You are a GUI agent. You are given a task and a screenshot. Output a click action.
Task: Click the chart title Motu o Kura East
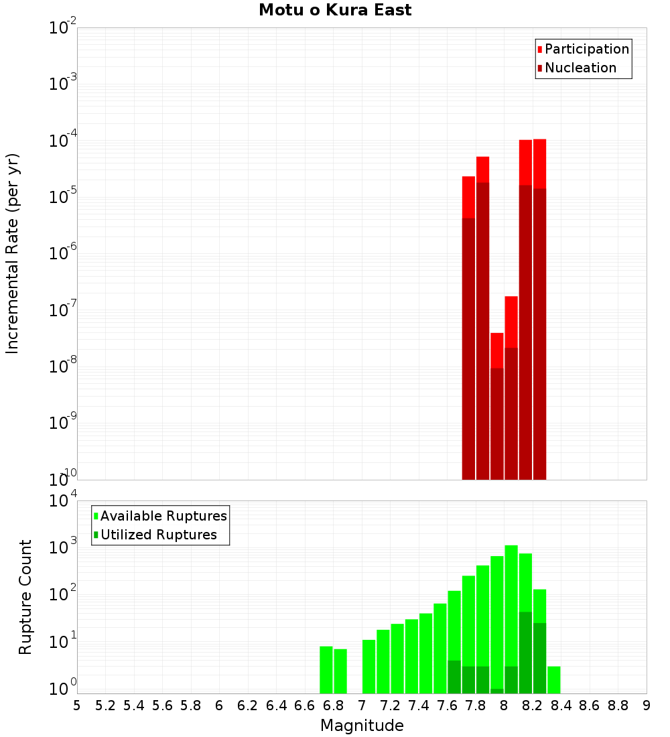pyautogui.click(x=335, y=11)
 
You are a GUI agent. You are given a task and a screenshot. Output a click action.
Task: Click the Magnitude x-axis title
pyautogui.click(x=362, y=726)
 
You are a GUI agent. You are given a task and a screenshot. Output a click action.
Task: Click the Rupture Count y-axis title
pyautogui.click(x=25, y=596)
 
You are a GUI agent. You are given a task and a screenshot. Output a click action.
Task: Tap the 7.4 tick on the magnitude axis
pyautogui.click(x=419, y=706)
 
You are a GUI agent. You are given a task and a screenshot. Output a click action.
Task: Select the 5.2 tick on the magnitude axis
pyautogui.click(x=105, y=706)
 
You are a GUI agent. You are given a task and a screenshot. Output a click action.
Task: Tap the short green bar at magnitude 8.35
pyautogui.click(x=554, y=679)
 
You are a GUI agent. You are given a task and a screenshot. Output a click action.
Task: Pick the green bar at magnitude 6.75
pyautogui.click(x=326, y=669)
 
